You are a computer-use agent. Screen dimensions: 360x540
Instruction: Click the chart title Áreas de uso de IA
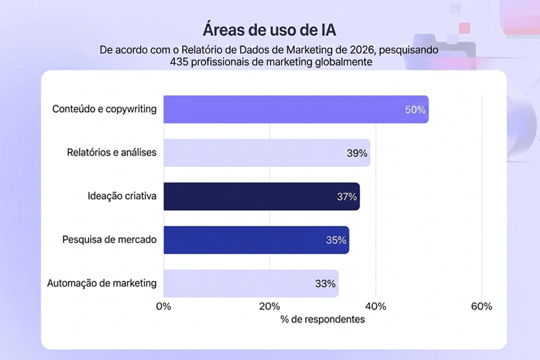270,31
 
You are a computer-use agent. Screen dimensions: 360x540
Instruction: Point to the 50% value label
415,109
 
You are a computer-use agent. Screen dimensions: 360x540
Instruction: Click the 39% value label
357,153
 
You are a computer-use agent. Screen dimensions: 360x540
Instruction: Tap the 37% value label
346,196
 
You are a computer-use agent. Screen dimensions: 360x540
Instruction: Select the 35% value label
336,240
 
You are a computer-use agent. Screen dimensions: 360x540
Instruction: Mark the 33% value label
325,283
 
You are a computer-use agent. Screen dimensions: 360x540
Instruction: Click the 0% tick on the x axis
164,306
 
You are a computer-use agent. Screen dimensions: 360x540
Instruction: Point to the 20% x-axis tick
270,306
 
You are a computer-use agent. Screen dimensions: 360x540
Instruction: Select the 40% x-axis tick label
376,306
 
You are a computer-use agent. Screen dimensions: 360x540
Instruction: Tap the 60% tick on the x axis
482,306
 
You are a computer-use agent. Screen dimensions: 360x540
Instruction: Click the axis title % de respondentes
323,319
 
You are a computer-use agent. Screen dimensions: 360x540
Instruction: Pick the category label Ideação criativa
122,196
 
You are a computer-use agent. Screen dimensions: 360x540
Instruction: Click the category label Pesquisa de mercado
109,240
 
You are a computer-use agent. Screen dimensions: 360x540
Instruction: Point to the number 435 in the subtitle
180,62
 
